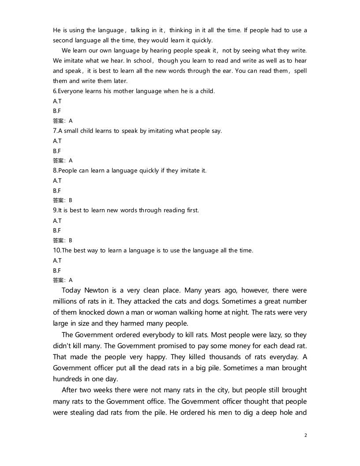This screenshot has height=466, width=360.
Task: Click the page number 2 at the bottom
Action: [x=305, y=435]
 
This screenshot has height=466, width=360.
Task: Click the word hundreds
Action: [x=69, y=379]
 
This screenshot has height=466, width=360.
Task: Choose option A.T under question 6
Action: [x=57, y=101]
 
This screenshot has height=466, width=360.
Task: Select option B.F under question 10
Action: [x=57, y=270]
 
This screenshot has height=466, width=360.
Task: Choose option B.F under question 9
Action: [x=57, y=230]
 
